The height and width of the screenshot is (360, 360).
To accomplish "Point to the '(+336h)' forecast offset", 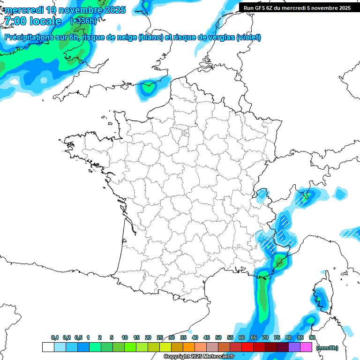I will click(x=83, y=21).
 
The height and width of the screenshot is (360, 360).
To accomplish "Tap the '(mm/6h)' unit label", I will click(x=327, y=348).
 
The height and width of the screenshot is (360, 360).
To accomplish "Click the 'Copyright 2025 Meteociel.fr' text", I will click(x=199, y=357).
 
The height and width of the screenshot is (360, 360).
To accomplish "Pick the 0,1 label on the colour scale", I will click(x=54, y=337).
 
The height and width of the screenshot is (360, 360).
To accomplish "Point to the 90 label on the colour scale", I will click(x=312, y=337).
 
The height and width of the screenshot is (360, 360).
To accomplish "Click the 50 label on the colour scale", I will click(x=218, y=337).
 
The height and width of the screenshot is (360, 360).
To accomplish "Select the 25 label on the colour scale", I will click(x=160, y=337).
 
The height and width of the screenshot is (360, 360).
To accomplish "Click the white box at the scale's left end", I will click(x=48, y=347).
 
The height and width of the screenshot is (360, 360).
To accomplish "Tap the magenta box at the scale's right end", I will click(x=306, y=347).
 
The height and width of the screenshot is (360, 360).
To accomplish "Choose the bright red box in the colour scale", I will click(x=247, y=347).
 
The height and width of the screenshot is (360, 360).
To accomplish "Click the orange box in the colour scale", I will click(x=188, y=347).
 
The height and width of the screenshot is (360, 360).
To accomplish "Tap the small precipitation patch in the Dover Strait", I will click(x=149, y=87).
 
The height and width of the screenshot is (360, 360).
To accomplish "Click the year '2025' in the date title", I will click(x=112, y=10).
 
